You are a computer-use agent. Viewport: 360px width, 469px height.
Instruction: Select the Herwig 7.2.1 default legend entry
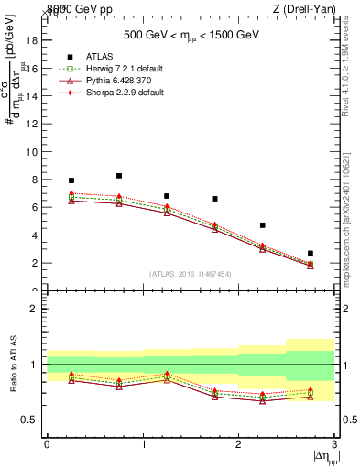coord(104,69)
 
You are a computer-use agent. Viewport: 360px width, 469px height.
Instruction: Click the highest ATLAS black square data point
coord(119,176)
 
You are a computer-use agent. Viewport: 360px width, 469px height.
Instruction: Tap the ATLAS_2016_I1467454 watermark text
coord(190,273)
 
